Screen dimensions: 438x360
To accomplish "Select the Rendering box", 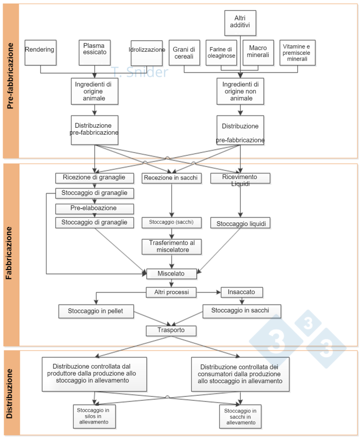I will pyautogui.click(x=40, y=52).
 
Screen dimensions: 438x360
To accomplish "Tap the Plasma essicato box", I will pyautogui.click(x=94, y=52).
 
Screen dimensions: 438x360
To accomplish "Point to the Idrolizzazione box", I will pyautogui.click(x=147, y=52).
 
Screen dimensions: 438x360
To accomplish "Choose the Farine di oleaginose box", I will pyautogui.click(x=222, y=53).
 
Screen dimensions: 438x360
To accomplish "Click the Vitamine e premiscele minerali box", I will pyautogui.click(x=297, y=53).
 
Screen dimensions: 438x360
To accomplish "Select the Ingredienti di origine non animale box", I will pyautogui.click(x=240, y=91).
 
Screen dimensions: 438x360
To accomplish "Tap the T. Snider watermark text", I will pyautogui.click(x=140, y=72).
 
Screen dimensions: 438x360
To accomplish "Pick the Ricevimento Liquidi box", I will pyautogui.click(x=240, y=178).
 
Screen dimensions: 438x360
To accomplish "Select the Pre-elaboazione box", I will pyautogui.click(x=94, y=208).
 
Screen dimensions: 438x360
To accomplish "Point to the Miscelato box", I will pyautogui.click(x=172, y=274).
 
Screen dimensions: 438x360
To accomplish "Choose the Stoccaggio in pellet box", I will pyautogui.click(x=96, y=311).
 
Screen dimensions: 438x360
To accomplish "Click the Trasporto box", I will pyautogui.click(x=172, y=330).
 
